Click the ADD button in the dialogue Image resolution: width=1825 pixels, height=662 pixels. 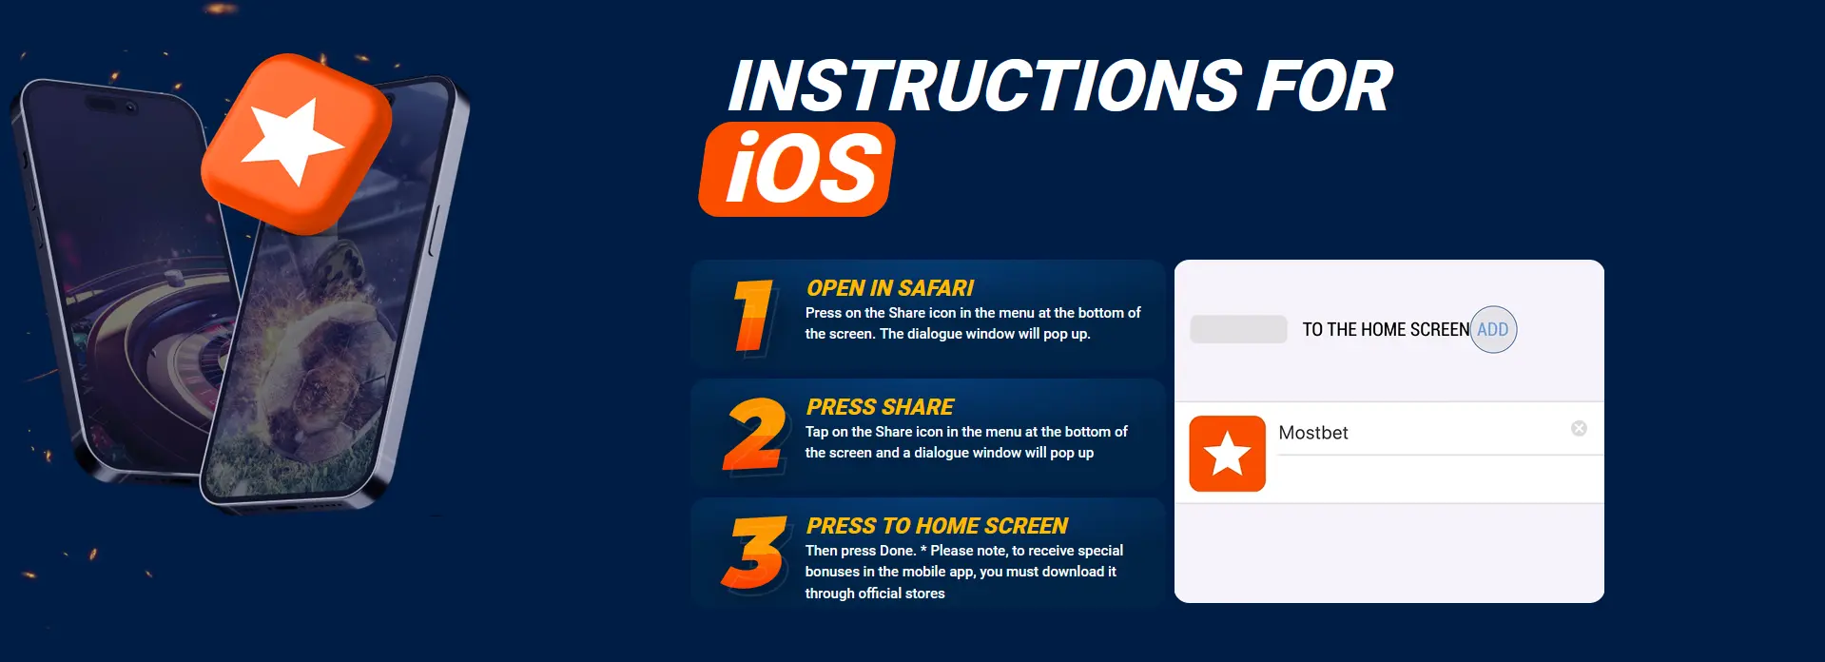(x=1493, y=330)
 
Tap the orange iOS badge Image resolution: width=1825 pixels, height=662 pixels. (x=797, y=169)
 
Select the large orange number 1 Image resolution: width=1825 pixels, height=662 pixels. (x=753, y=316)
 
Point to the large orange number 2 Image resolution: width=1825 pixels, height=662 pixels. (x=754, y=435)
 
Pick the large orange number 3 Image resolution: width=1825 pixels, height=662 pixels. (x=755, y=553)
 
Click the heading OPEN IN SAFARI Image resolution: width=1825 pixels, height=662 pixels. (x=890, y=288)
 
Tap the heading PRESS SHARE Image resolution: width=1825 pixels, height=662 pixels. (x=880, y=407)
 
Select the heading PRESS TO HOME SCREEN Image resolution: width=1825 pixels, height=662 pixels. (x=937, y=526)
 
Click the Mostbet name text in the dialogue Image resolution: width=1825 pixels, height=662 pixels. (x=1313, y=433)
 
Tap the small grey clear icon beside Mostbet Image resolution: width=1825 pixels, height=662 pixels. (x=1579, y=429)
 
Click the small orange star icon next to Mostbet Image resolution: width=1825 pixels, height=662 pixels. (x=1228, y=454)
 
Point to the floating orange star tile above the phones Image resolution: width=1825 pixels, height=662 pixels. (x=297, y=144)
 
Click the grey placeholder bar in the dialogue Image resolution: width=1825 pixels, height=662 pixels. (x=1238, y=329)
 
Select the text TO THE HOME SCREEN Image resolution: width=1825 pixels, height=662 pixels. (x=1386, y=330)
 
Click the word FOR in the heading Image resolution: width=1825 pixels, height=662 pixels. (x=1325, y=87)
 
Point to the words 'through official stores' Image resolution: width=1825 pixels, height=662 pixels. (x=875, y=594)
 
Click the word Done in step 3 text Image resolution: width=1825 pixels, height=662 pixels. (x=898, y=551)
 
